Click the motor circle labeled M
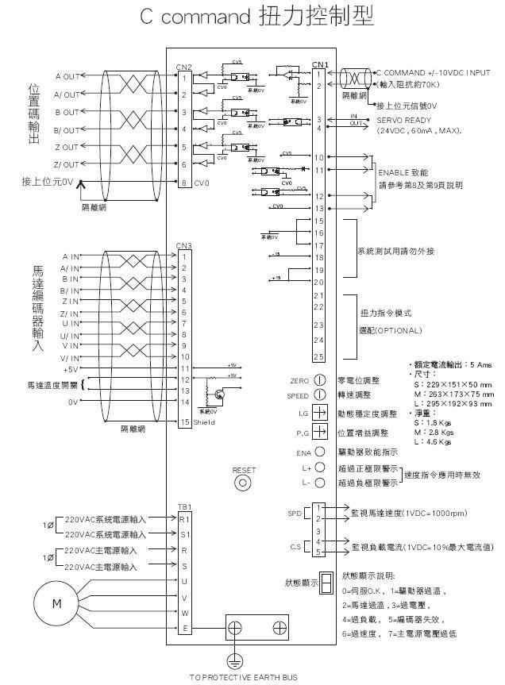(56, 603)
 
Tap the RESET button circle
(244, 483)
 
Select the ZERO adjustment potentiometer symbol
(320, 381)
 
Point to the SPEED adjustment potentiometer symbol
(320, 394)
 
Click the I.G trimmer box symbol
(319, 413)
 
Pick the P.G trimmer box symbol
(319, 432)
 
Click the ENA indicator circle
(320, 452)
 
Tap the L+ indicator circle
(320, 468)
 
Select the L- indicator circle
(320, 482)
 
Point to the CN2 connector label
(183, 67)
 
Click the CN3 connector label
(183, 245)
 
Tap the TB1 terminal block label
(183, 506)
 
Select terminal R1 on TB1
(183, 518)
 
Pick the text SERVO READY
(403, 120)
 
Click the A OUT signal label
(67, 76)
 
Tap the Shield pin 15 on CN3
(184, 422)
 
